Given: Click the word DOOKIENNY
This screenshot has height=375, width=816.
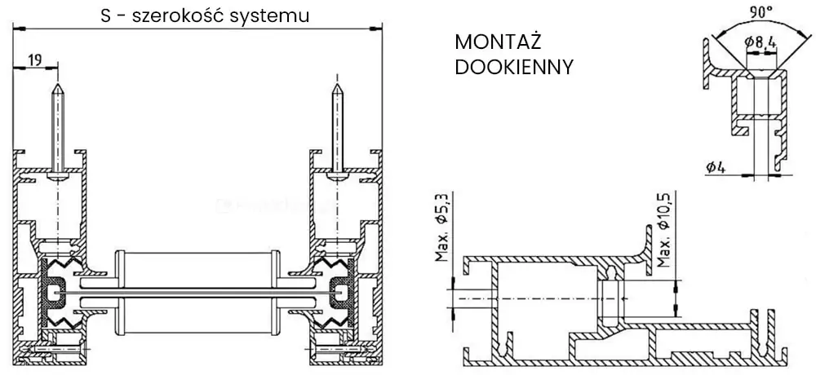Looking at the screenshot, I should (x=514, y=67).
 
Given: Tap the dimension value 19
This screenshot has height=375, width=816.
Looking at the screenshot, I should (x=34, y=59).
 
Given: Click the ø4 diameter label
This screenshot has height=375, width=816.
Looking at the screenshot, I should (x=716, y=167).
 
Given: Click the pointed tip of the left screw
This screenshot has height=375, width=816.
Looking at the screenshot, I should (x=57, y=84).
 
